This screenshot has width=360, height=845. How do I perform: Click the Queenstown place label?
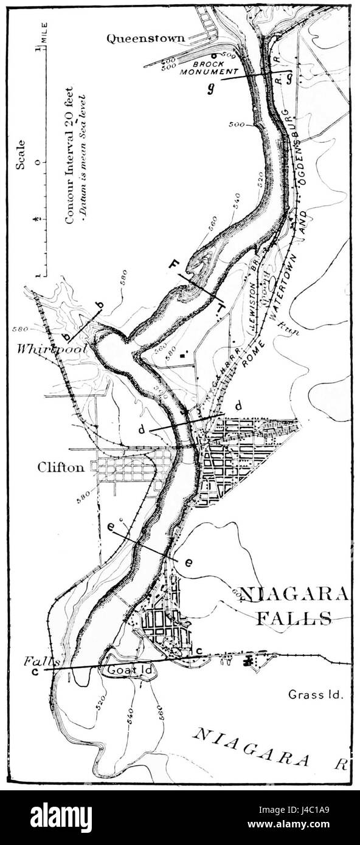pos(145,39)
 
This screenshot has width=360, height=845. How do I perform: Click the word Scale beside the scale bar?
pos(21,156)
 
